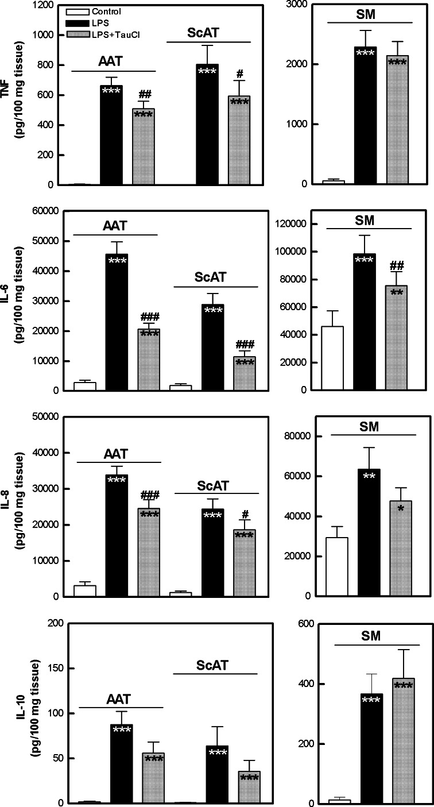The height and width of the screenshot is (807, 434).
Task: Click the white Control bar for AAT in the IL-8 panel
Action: [x=84, y=591]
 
